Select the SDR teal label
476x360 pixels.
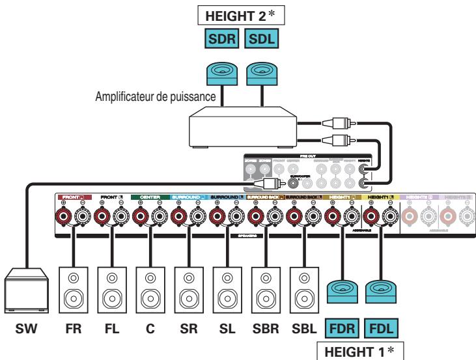point(221,40)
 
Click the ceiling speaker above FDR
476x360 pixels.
point(340,288)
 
